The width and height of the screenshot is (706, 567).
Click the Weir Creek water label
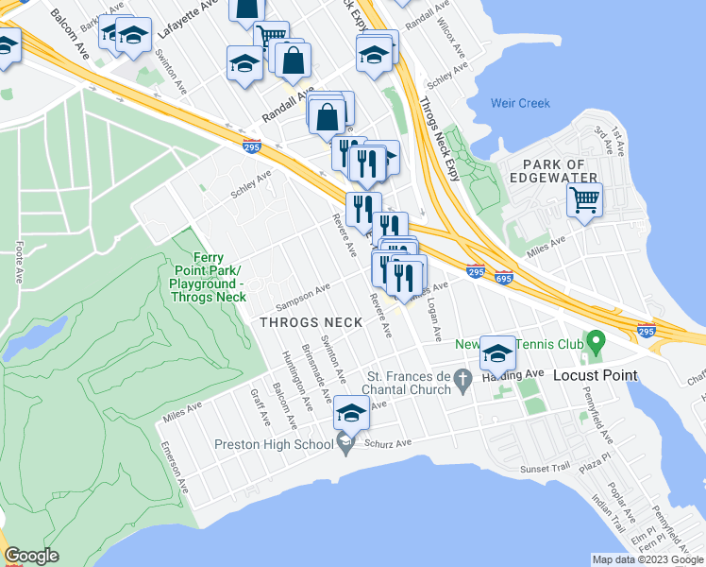pyautogui.click(x=520, y=103)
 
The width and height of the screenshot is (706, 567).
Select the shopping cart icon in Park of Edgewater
pyautogui.click(x=584, y=199)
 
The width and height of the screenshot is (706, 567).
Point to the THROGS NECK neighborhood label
pyautogui.click(x=311, y=322)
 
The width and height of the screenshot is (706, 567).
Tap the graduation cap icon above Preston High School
pyautogui.click(x=351, y=412)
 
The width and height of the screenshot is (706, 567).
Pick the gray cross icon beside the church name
pyautogui.click(x=462, y=382)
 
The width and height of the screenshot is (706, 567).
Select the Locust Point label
pyautogui.click(x=595, y=375)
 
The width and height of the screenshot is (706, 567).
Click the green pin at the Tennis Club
pyautogui.click(x=594, y=339)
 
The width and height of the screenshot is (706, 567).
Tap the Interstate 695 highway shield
pyautogui.click(x=503, y=278)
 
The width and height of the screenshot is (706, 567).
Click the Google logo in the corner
pyautogui.click(x=31, y=556)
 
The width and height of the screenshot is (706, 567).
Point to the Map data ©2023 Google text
pyautogui.click(x=647, y=558)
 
